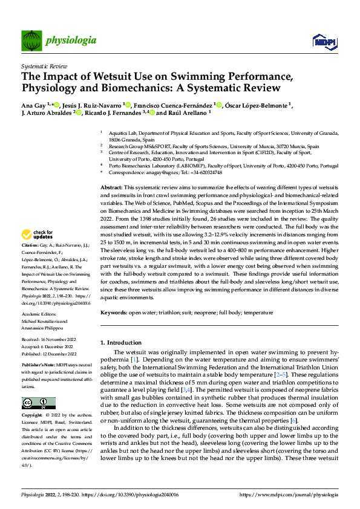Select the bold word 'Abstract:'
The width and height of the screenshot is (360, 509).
pos(111,172)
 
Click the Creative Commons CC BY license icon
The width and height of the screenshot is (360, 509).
pos(38,403)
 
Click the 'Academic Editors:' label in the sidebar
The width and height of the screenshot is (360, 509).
pos(40,315)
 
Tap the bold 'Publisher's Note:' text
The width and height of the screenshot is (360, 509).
pos(39,367)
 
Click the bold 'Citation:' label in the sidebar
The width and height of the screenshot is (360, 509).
pos(30,262)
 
